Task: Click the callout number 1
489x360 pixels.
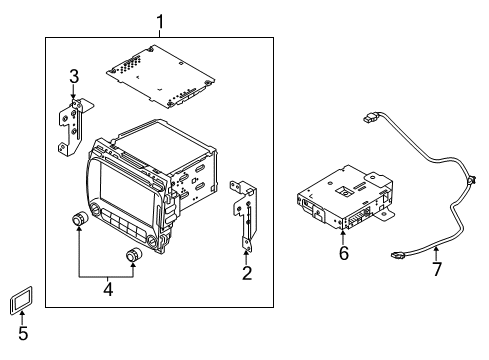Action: (158, 18)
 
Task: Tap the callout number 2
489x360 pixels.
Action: (246, 271)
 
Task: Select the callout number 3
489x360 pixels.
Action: (74, 77)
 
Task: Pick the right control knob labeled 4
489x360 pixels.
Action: (133, 257)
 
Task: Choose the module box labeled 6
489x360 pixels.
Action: (340, 200)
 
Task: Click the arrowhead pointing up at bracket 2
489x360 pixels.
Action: (246, 251)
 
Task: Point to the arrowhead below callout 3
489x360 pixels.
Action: (74, 96)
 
